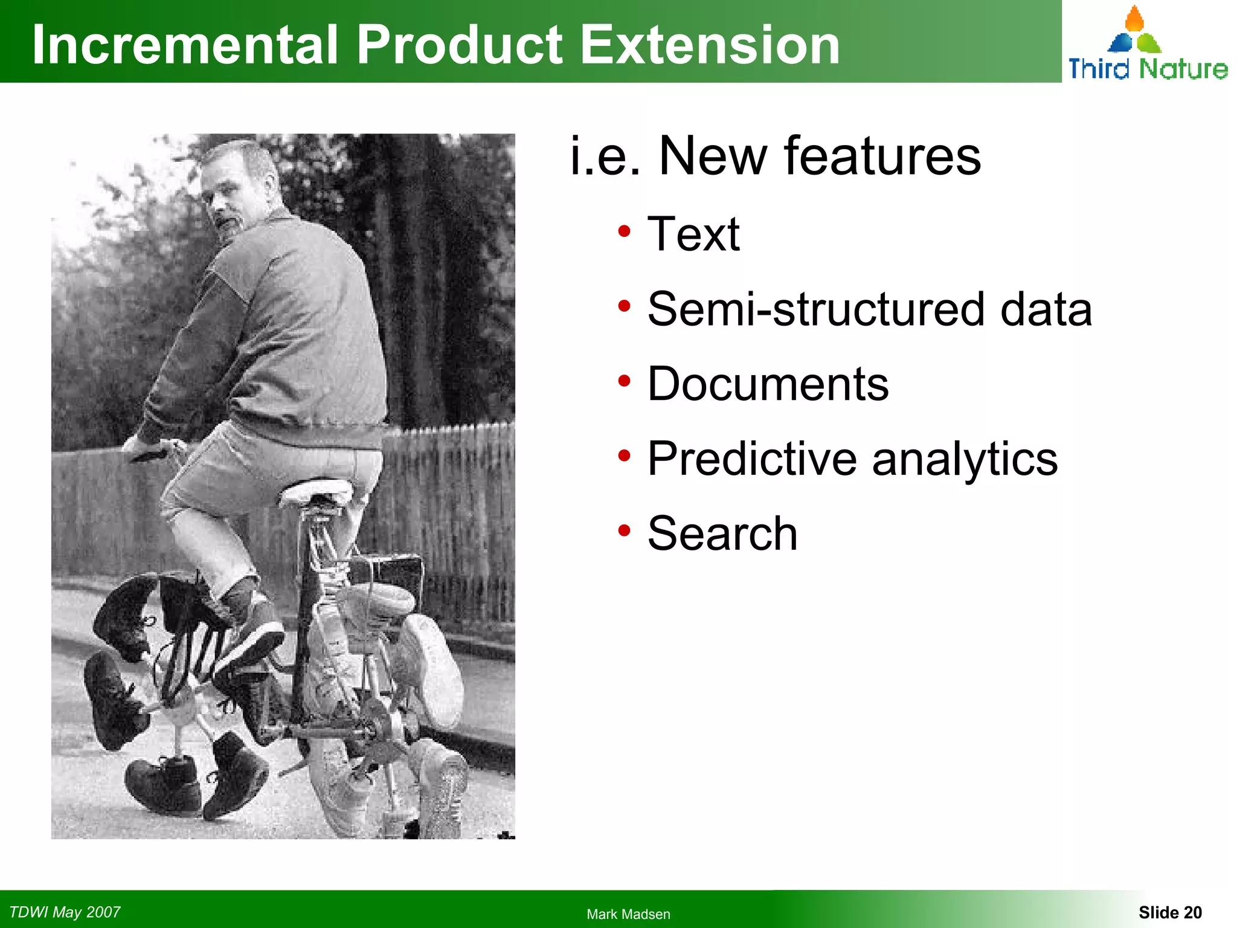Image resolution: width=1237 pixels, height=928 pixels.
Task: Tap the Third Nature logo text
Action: click(x=1148, y=68)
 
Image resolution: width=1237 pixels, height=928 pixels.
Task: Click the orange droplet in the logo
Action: click(x=1134, y=19)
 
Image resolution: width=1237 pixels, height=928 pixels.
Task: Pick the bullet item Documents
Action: click(x=768, y=384)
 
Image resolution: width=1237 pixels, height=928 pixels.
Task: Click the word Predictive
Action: click(x=752, y=459)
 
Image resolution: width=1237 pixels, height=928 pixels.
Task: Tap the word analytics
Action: click(x=965, y=459)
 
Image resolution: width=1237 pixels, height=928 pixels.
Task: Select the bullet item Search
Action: click(x=722, y=533)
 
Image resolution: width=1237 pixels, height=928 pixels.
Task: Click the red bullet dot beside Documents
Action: click(x=624, y=381)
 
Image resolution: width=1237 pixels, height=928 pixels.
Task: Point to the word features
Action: click(x=882, y=156)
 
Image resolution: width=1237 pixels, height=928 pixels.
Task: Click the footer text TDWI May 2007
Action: click(x=65, y=912)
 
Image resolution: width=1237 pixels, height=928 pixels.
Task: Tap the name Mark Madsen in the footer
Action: click(x=628, y=914)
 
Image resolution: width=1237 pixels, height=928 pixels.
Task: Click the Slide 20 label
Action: click(x=1170, y=912)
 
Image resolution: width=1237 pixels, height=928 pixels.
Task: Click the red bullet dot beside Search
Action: click(x=624, y=530)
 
